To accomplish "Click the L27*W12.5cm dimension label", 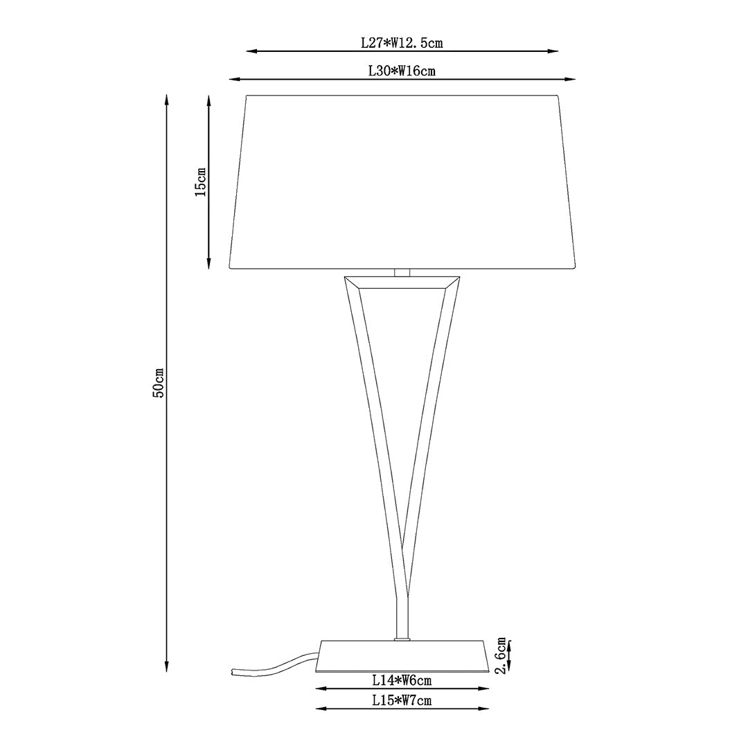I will pos(402,42).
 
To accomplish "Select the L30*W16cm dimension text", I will pos(402,71).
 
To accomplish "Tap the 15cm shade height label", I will pos(200,181).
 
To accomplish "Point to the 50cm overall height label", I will pos(159,382).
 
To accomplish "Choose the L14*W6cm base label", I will pos(402,681).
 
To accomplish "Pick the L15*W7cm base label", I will pos(402,700).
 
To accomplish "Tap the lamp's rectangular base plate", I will pos(402,656).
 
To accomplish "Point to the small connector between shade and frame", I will pos(402,272).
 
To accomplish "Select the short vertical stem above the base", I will pos(402,616).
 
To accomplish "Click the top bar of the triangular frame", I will pos(402,282).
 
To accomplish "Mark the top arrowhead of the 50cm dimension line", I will pos(167,99).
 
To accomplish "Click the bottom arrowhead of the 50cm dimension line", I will pos(167,668).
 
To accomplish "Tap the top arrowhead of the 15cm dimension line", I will pos(209,99).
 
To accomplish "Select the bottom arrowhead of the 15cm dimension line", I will pos(209,265).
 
